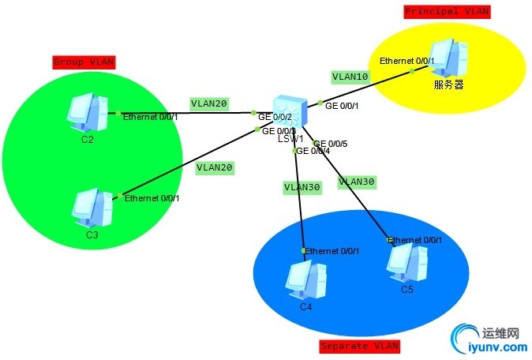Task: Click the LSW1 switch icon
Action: [x=290, y=112]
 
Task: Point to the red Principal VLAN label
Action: [x=447, y=11]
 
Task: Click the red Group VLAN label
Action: [x=84, y=61]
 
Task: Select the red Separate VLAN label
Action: [x=359, y=346]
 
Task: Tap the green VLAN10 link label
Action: [x=350, y=77]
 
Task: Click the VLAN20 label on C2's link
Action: [x=209, y=103]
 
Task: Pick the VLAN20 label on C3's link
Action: [x=215, y=167]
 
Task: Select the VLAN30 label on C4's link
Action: [x=302, y=187]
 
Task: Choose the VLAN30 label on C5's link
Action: [x=357, y=182]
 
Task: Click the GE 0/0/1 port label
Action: [x=342, y=105]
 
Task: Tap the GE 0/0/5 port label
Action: [x=331, y=144]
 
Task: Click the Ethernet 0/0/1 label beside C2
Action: [x=150, y=117]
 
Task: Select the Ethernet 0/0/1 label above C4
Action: [x=332, y=251]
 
